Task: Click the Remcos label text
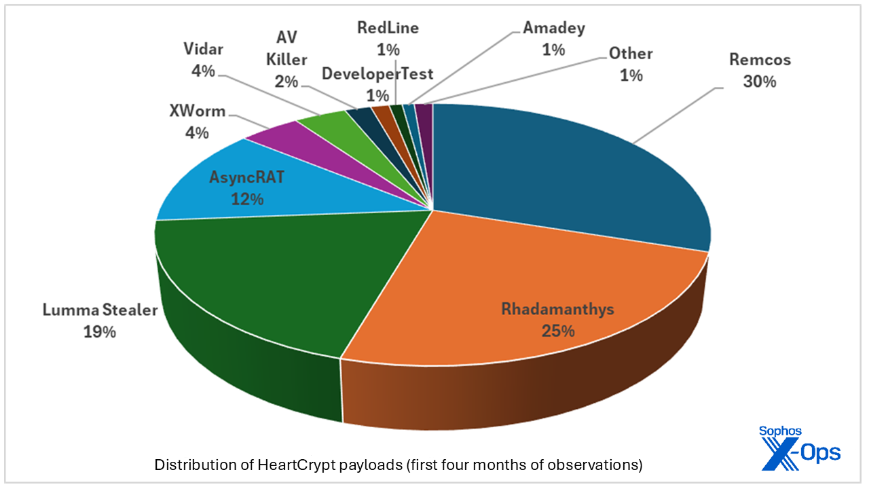(x=760, y=60)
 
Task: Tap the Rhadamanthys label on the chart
(x=557, y=309)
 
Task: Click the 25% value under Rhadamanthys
(x=557, y=331)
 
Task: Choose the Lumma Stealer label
(x=100, y=310)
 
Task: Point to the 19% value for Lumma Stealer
(x=100, y=332)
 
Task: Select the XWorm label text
(x=198, y=111)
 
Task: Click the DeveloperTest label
(x=377, y=73)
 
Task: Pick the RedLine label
(x=388, y=28)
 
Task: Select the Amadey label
(x=554, y=28)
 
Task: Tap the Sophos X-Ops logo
(x=800, y=448)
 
